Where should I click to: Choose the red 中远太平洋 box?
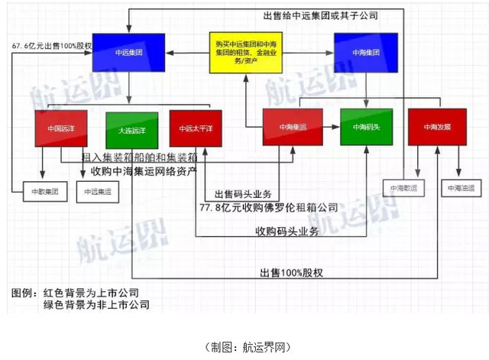(x=196, y=128)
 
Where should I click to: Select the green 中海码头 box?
(x=366, y=128)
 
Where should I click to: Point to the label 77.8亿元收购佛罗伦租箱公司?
(x=268, y=207)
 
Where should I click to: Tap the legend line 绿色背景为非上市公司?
(x=96, y=305)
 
